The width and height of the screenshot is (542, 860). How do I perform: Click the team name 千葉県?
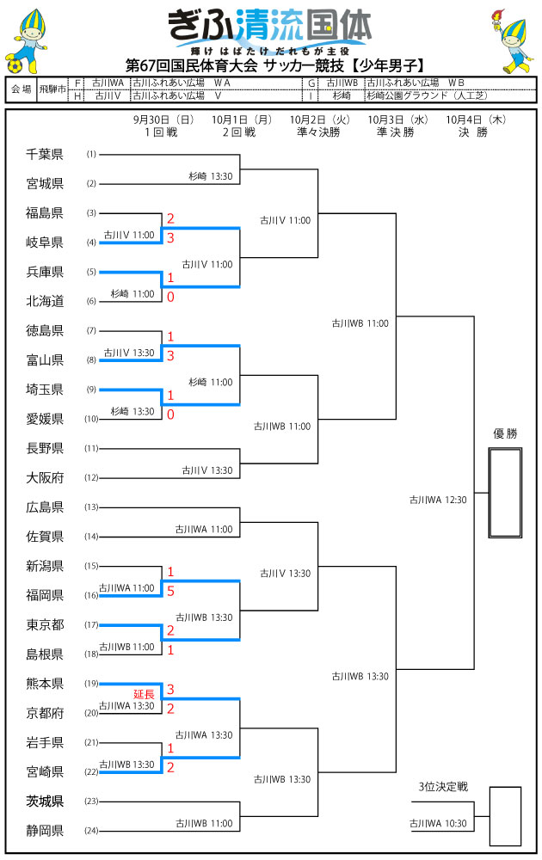[x=45, y=155]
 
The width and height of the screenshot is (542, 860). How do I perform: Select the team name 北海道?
[x=45, y=301]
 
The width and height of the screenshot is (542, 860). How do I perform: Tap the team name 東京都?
[x=45, y=625]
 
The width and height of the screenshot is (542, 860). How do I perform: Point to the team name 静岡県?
[x=45, y=831]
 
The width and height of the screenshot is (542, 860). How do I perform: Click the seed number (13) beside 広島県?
[x=92, y=507]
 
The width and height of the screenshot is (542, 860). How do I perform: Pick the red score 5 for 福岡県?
[x=170, y=592]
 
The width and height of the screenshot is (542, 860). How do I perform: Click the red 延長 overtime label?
[x=144, y=693]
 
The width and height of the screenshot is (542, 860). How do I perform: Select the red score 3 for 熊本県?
[x=170, y=689]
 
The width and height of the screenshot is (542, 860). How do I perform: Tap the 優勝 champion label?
[x=505, y=433]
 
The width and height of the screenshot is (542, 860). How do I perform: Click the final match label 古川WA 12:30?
[x=438, y=499]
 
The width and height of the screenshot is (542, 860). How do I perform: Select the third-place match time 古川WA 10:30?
[x=438, y=824]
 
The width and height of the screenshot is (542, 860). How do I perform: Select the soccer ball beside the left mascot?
[x=14, y=64]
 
